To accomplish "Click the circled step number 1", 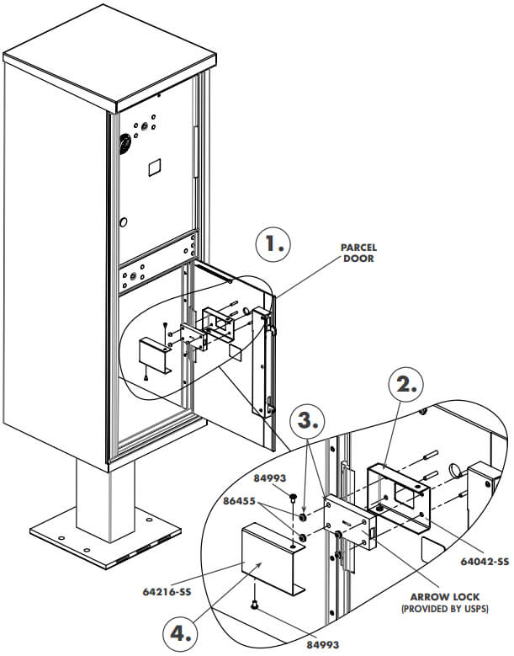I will (273, 245).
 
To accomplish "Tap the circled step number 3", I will (310, 419).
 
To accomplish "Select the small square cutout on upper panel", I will (154, 167).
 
